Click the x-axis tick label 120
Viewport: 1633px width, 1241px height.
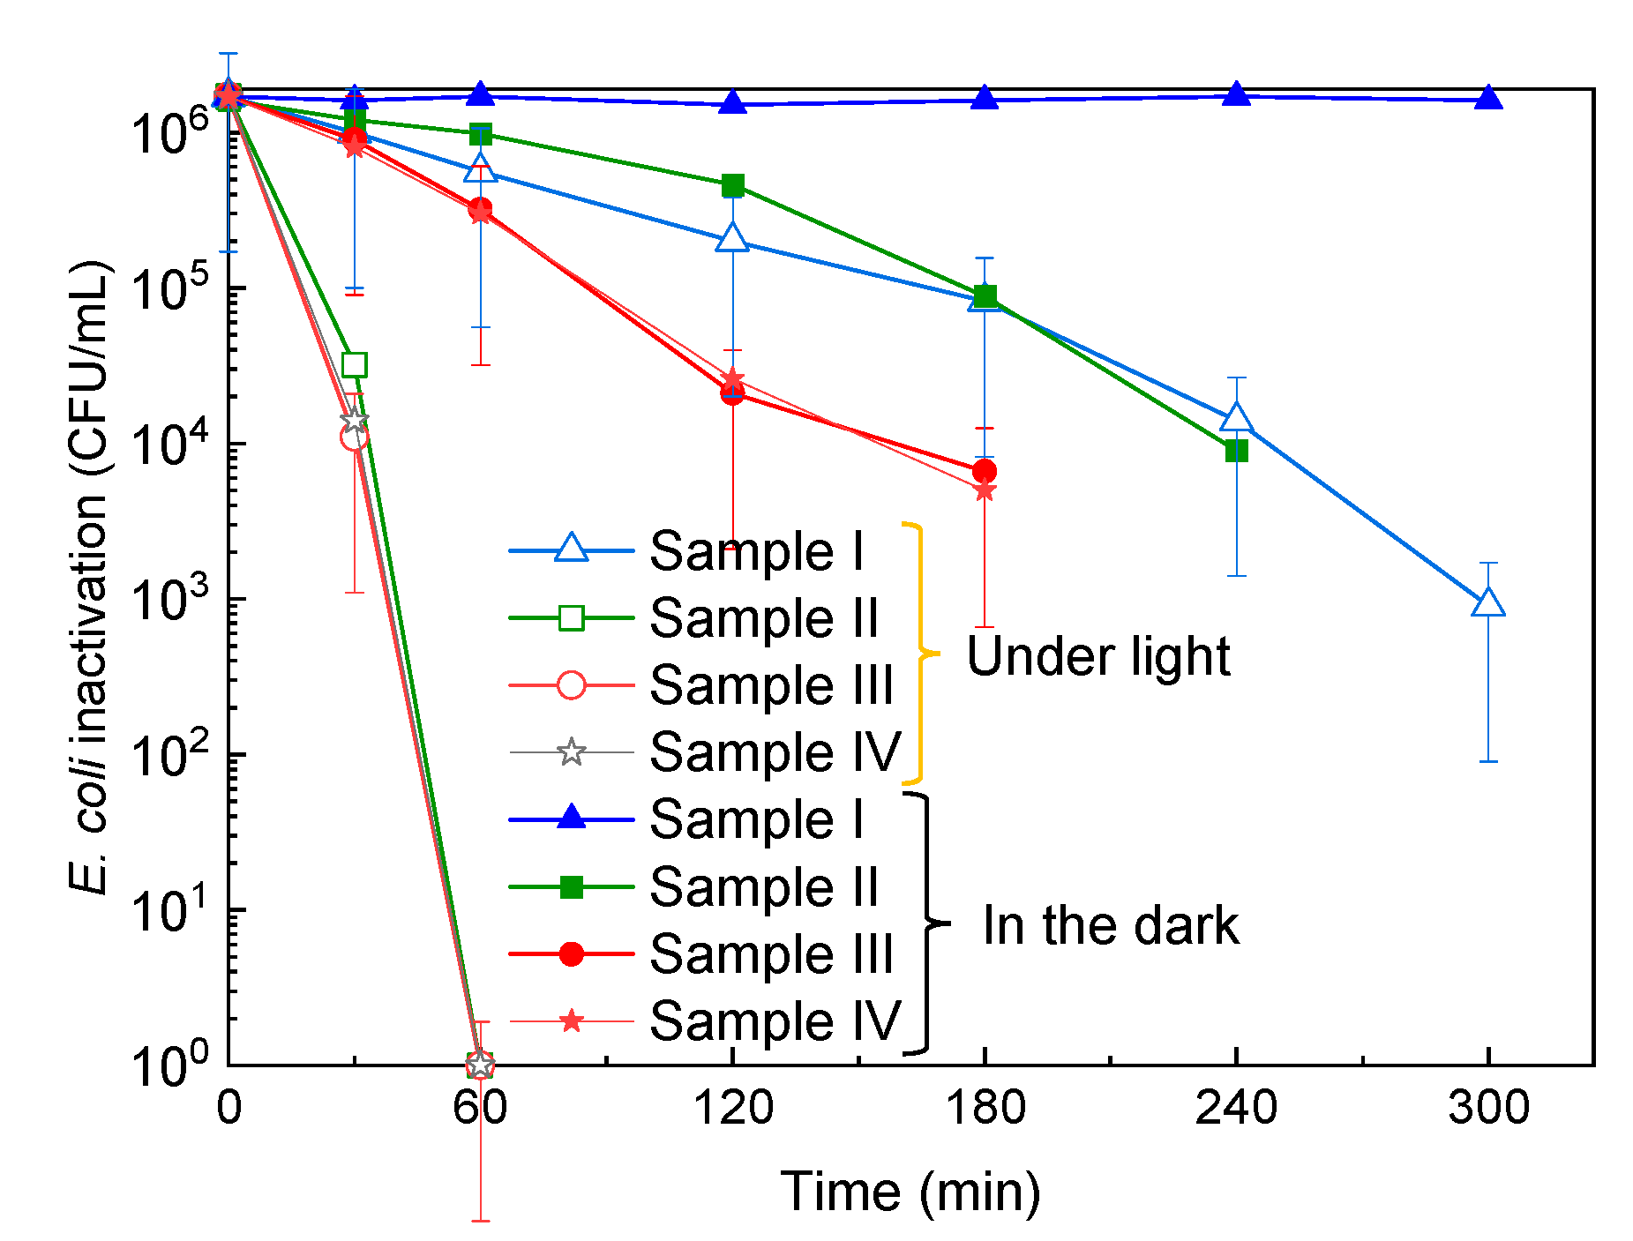[733, 1108]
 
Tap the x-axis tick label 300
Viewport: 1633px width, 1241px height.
[1488, 1108]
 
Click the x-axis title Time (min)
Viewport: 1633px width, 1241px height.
[910, 1192]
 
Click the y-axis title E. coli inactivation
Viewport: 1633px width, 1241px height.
[89, 578]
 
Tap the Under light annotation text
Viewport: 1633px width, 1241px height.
[1097, 656]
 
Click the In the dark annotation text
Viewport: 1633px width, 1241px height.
[1111, 925]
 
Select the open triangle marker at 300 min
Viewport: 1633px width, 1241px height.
[1488, 602]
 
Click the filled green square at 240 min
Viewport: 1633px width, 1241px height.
[1237, 452]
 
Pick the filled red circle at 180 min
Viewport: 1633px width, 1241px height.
[985, 471]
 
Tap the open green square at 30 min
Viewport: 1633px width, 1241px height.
[354, 364]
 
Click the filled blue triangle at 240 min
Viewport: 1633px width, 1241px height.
[1237, 93]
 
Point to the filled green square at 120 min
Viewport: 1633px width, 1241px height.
[733, 185]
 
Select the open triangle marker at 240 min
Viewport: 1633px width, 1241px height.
[1237, 418]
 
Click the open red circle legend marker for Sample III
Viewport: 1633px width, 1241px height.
[572, 685]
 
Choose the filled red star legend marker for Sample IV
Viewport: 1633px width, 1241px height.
[572, 1021]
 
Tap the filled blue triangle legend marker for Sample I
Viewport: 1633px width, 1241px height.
[572, 819]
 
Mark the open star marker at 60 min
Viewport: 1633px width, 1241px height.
[480, 1065]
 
